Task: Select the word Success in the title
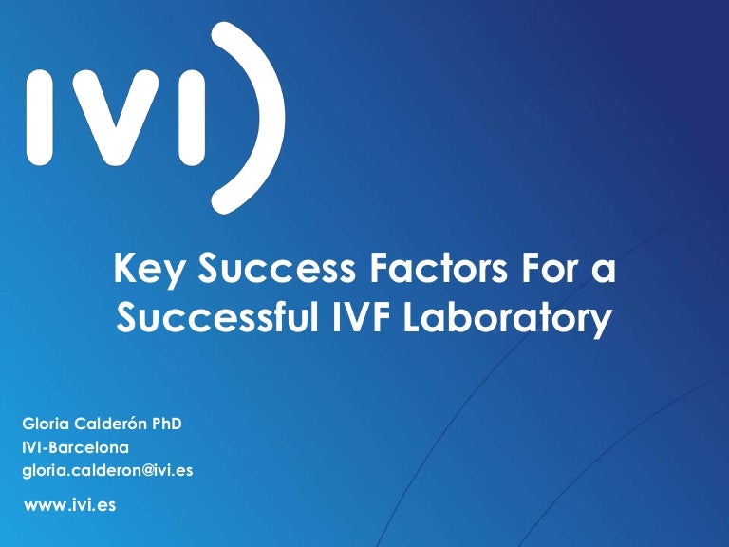276,268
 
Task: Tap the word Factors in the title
438,268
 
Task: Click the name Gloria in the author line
46,424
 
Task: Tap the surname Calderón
111,424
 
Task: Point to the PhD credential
167,424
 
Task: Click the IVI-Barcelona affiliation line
75,447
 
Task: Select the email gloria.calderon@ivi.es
107,471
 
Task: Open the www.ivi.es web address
69,505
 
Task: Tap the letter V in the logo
115,117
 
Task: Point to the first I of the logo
39,117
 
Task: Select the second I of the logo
192,117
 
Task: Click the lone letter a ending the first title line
604,273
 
